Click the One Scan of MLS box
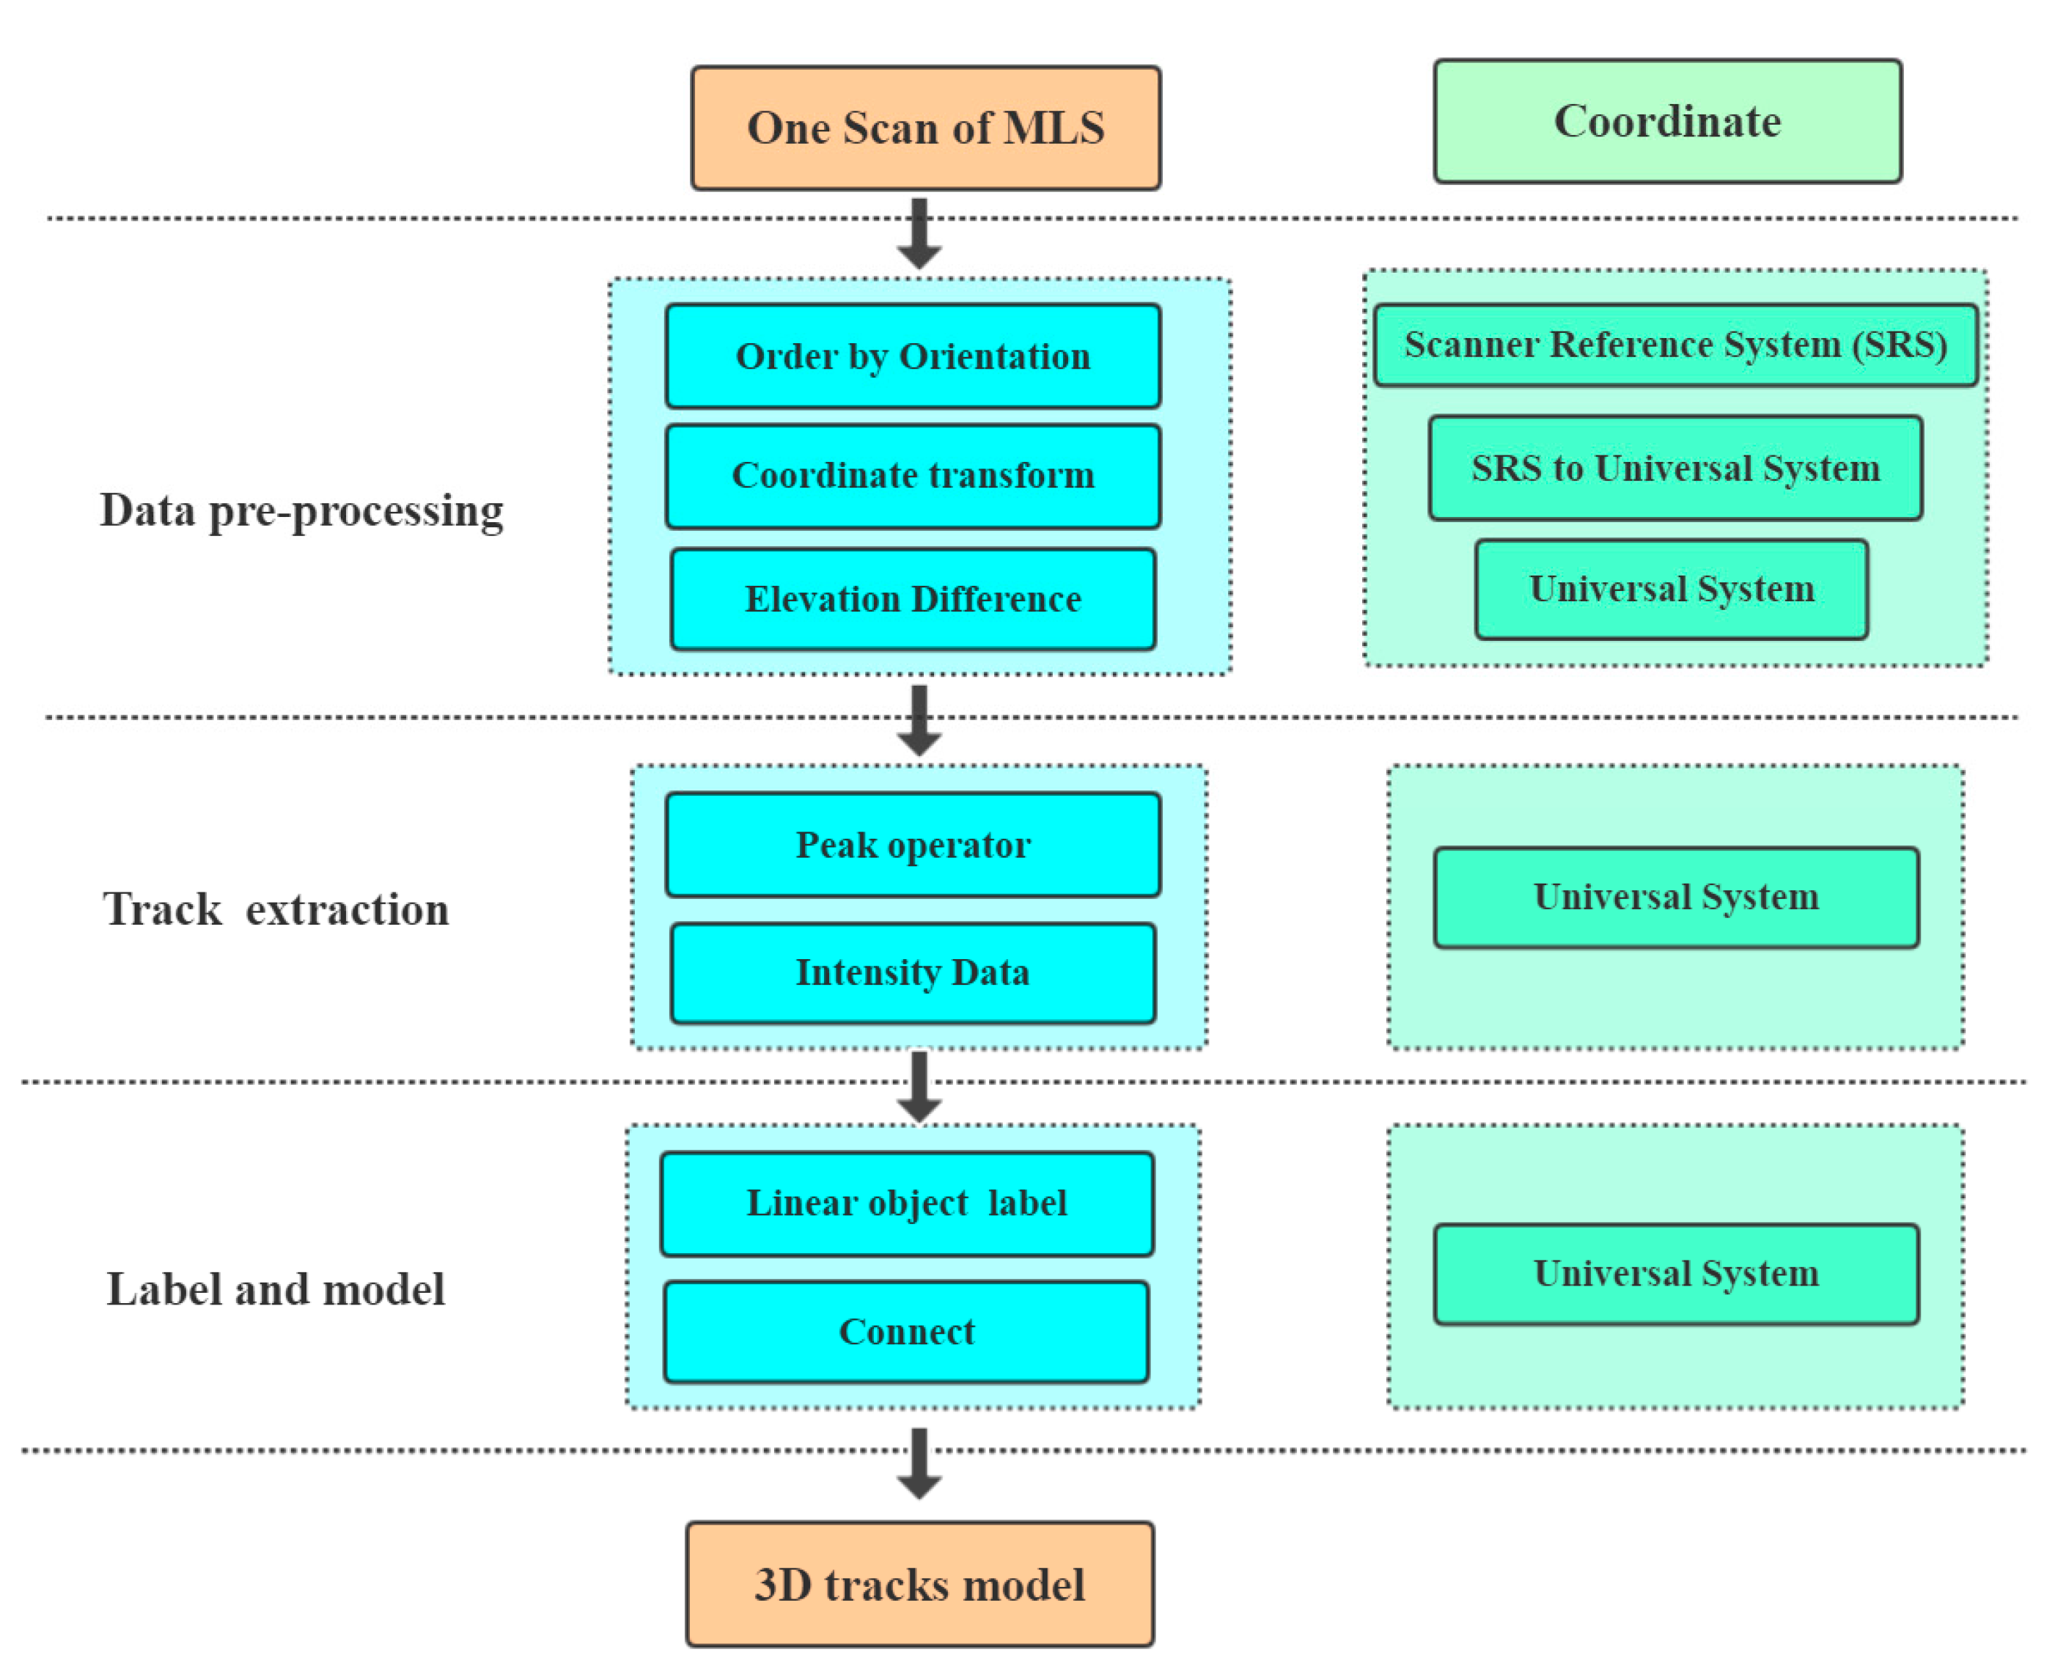(925, 128)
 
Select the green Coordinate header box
(1667, 121)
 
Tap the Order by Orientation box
(912, 356)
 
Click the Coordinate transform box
(912, 475)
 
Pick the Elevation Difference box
(912, 599)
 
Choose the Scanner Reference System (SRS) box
(1674, 345)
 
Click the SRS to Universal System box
(1674, 469)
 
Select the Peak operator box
(912, 845)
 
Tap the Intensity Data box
(912, 972)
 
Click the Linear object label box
(907, 1203)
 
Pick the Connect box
(907, 1332)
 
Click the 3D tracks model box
(919, 1585)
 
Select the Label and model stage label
(276, 1289)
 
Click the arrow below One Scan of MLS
(919, 234)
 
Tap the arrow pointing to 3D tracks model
(919, 1463)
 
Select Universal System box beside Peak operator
(1676, 897)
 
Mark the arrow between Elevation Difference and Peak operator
(919, 721)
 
